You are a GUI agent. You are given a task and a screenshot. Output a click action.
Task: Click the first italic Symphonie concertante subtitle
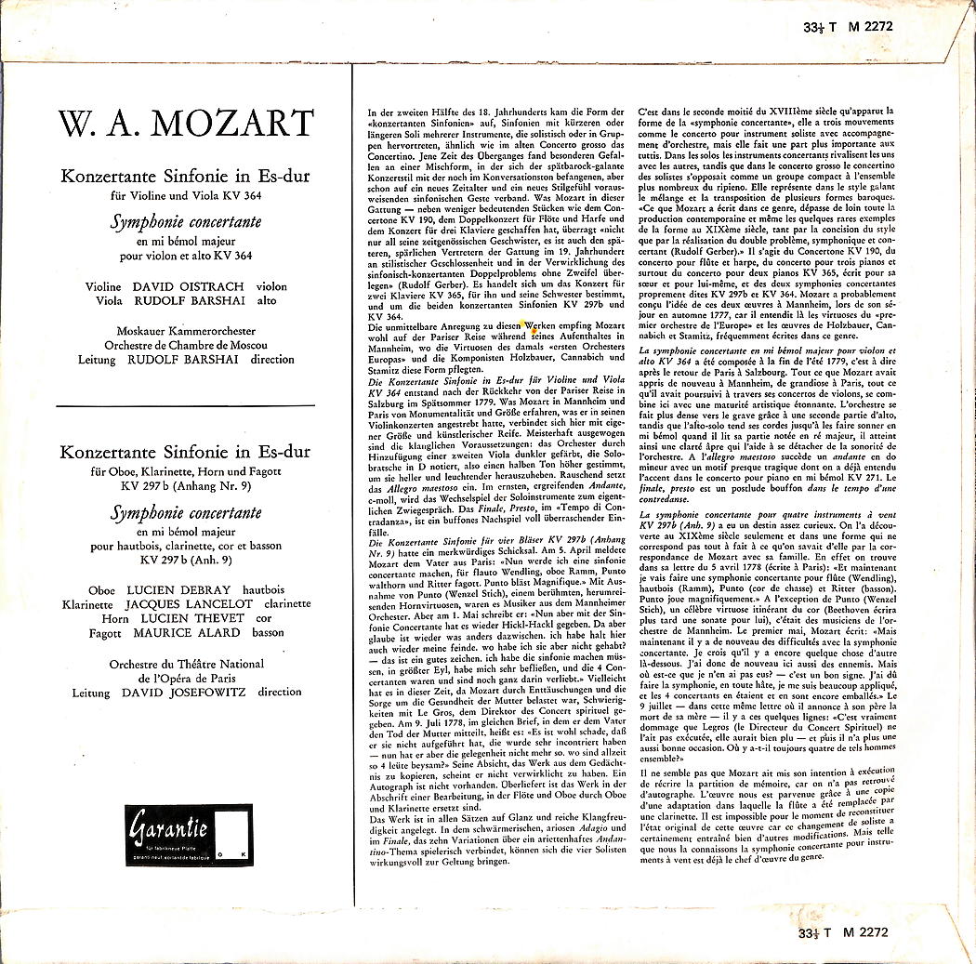(186, 222)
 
